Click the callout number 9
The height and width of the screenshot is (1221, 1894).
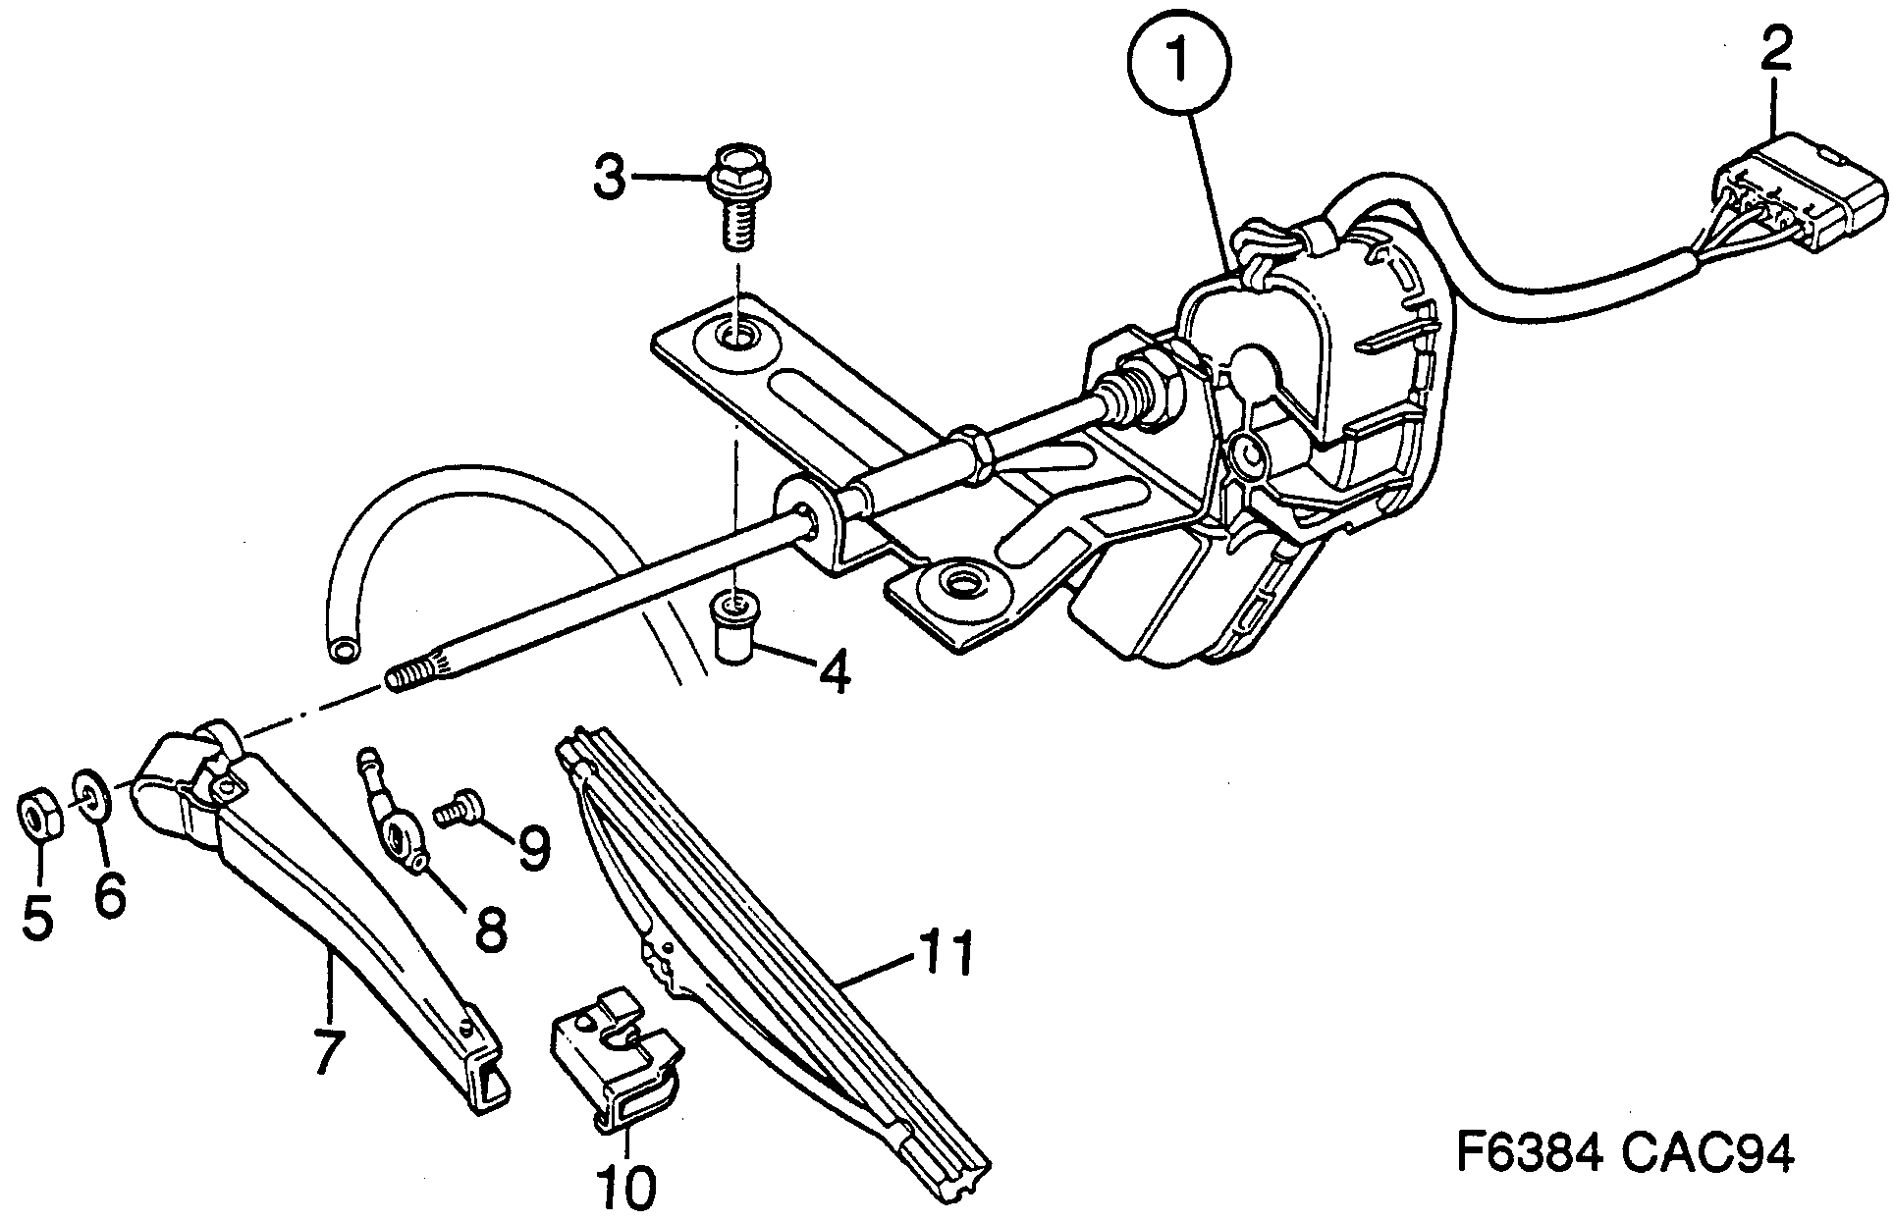tap(533, 847)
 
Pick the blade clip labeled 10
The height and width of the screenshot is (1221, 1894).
tap(614, 1067)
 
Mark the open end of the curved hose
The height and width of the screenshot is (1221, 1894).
tap(345, 651)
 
